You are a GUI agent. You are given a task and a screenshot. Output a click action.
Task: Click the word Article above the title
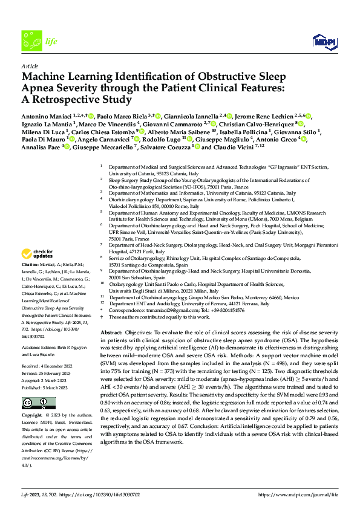click(30, 65)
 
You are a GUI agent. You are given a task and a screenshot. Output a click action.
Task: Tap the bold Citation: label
click(31, 282)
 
